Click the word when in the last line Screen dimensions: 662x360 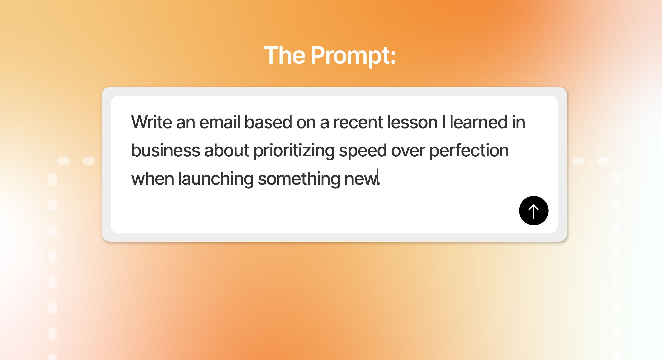(x=153, y=179)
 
